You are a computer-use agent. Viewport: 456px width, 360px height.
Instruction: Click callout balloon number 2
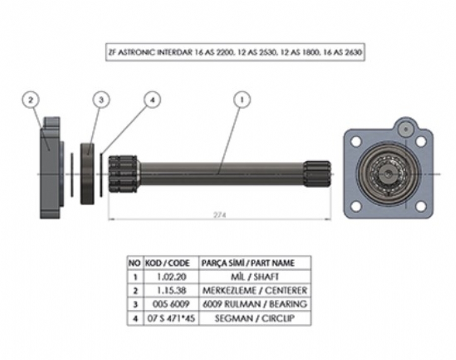(31, 100)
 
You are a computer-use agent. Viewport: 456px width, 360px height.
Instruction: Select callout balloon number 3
(101, 100)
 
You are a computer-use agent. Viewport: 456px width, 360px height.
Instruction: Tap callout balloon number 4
(153, 100)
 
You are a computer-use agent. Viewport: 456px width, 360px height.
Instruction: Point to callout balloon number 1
(242, 100)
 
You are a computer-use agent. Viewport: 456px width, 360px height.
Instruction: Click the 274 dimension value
(220, 215)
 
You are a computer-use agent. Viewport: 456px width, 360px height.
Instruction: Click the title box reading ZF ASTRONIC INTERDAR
(235, 52)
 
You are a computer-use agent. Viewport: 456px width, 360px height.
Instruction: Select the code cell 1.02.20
(171, 276)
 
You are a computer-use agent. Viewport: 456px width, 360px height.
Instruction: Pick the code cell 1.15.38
(171, 291)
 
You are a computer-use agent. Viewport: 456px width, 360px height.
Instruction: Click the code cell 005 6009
(171, 304)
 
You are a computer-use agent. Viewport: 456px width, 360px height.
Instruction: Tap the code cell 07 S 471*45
(171, 318)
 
